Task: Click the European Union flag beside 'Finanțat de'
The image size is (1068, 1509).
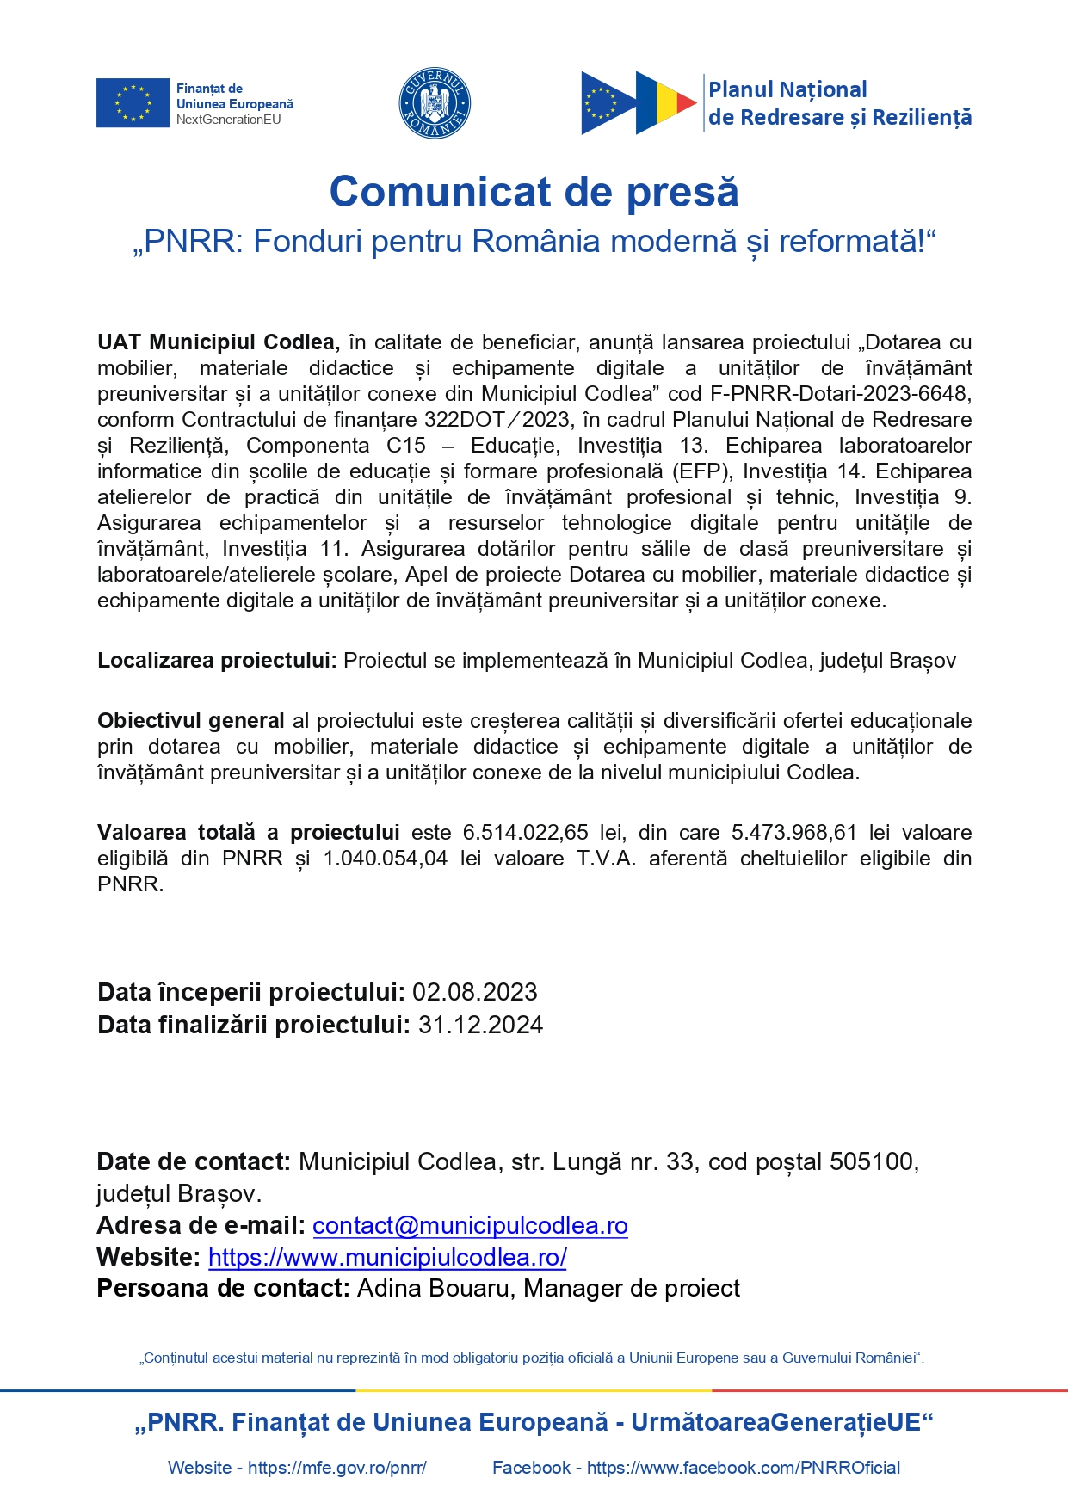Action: tap(133, 103)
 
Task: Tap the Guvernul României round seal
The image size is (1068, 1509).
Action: tap(435, 103)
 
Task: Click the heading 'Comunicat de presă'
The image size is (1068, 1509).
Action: tap(534, 192)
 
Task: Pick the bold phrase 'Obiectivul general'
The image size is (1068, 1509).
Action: tap(190, 721)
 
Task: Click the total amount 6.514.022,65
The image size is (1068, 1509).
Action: tap(525, 833)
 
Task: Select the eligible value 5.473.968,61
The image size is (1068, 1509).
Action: tap(793, 833)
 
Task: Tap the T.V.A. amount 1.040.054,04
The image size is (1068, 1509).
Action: tap(385, 859)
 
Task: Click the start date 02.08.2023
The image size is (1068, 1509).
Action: tap(475, 992)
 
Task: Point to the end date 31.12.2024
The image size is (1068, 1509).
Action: tap(480, 1025)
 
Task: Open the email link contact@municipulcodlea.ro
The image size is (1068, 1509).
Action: tap(470, 1225)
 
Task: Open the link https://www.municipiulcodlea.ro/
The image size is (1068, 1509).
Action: tap(387, 1257)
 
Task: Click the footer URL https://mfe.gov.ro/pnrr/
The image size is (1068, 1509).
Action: tap(337, 1468)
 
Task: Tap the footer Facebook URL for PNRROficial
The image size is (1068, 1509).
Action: tap(744, 1468)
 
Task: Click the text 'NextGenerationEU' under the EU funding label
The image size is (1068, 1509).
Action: tap(229, 120)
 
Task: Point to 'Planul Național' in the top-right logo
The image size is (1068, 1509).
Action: tap(787, 89)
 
